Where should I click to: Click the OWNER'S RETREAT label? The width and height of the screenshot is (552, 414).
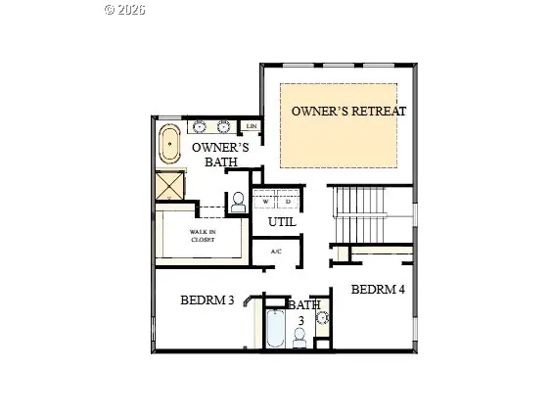coord(348,111)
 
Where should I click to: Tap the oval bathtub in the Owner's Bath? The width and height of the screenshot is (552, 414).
coord(171,145)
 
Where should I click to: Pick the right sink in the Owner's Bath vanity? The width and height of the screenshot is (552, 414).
coord(224,126)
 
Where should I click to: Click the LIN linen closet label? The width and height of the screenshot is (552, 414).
coord(252,126)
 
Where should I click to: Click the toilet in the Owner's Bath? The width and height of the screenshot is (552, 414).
coord(238,203)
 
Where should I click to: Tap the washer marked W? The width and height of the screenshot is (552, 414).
coord(265,203)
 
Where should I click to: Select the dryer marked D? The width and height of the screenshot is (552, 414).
coord(288,203)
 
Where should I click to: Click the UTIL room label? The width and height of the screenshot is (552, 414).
coord(283,223)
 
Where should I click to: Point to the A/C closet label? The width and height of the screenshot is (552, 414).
coord(276,252)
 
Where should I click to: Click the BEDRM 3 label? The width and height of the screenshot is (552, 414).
coord(207,300)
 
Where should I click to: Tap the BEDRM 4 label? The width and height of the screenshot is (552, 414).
coord(378,290)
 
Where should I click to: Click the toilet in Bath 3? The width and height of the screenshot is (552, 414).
coord(299,337)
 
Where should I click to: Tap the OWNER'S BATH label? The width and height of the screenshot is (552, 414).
coord(220,155)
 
